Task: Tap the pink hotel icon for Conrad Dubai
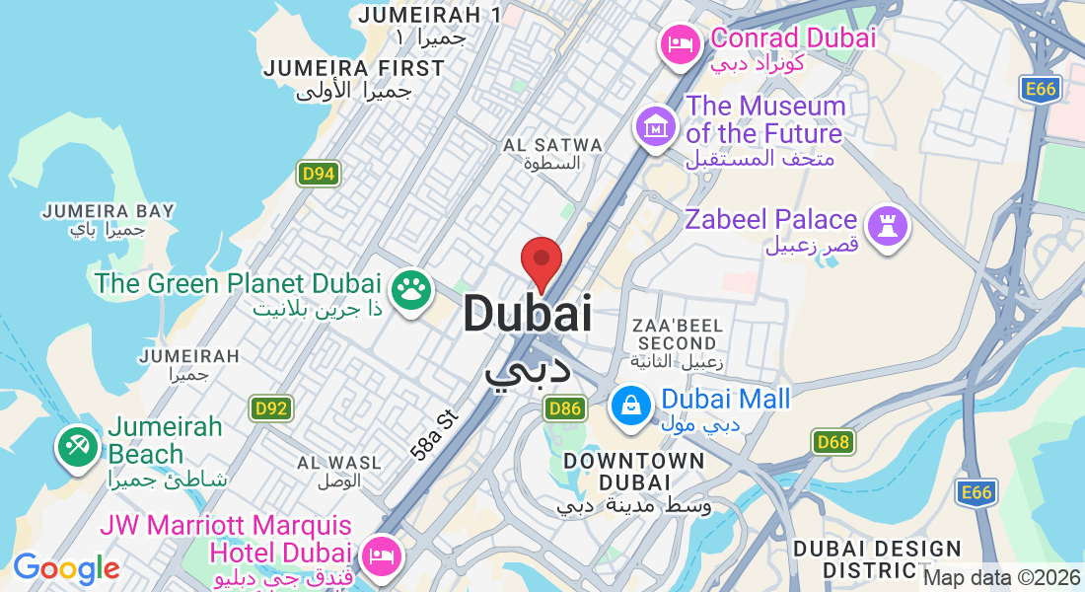[680, 44]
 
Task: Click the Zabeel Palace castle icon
[888, 226]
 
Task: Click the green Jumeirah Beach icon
[76, 446]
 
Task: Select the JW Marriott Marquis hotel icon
[380, 556]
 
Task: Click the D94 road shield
[318, 175]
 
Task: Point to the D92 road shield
[270, 407]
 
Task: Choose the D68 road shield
[833, 442]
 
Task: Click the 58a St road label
[435, 435]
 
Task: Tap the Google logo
[66, 568]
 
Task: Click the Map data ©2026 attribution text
[1002, 577]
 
